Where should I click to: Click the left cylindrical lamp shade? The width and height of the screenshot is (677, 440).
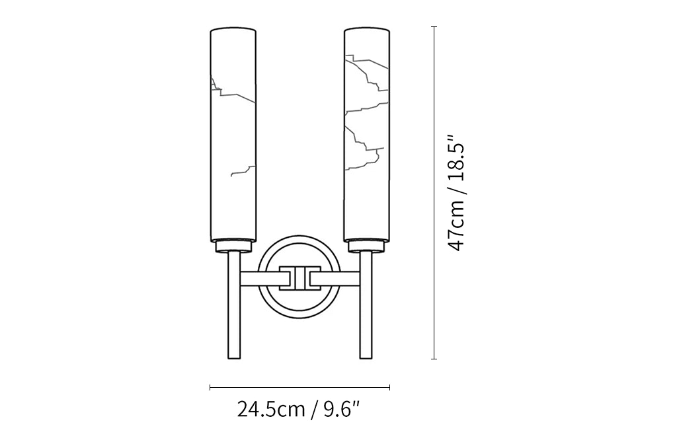[233, 135]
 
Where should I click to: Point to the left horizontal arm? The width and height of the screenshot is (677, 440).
[260, 278]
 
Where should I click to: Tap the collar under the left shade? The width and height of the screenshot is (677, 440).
[233, 246]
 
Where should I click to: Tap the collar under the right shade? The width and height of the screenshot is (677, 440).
[366, 246]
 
